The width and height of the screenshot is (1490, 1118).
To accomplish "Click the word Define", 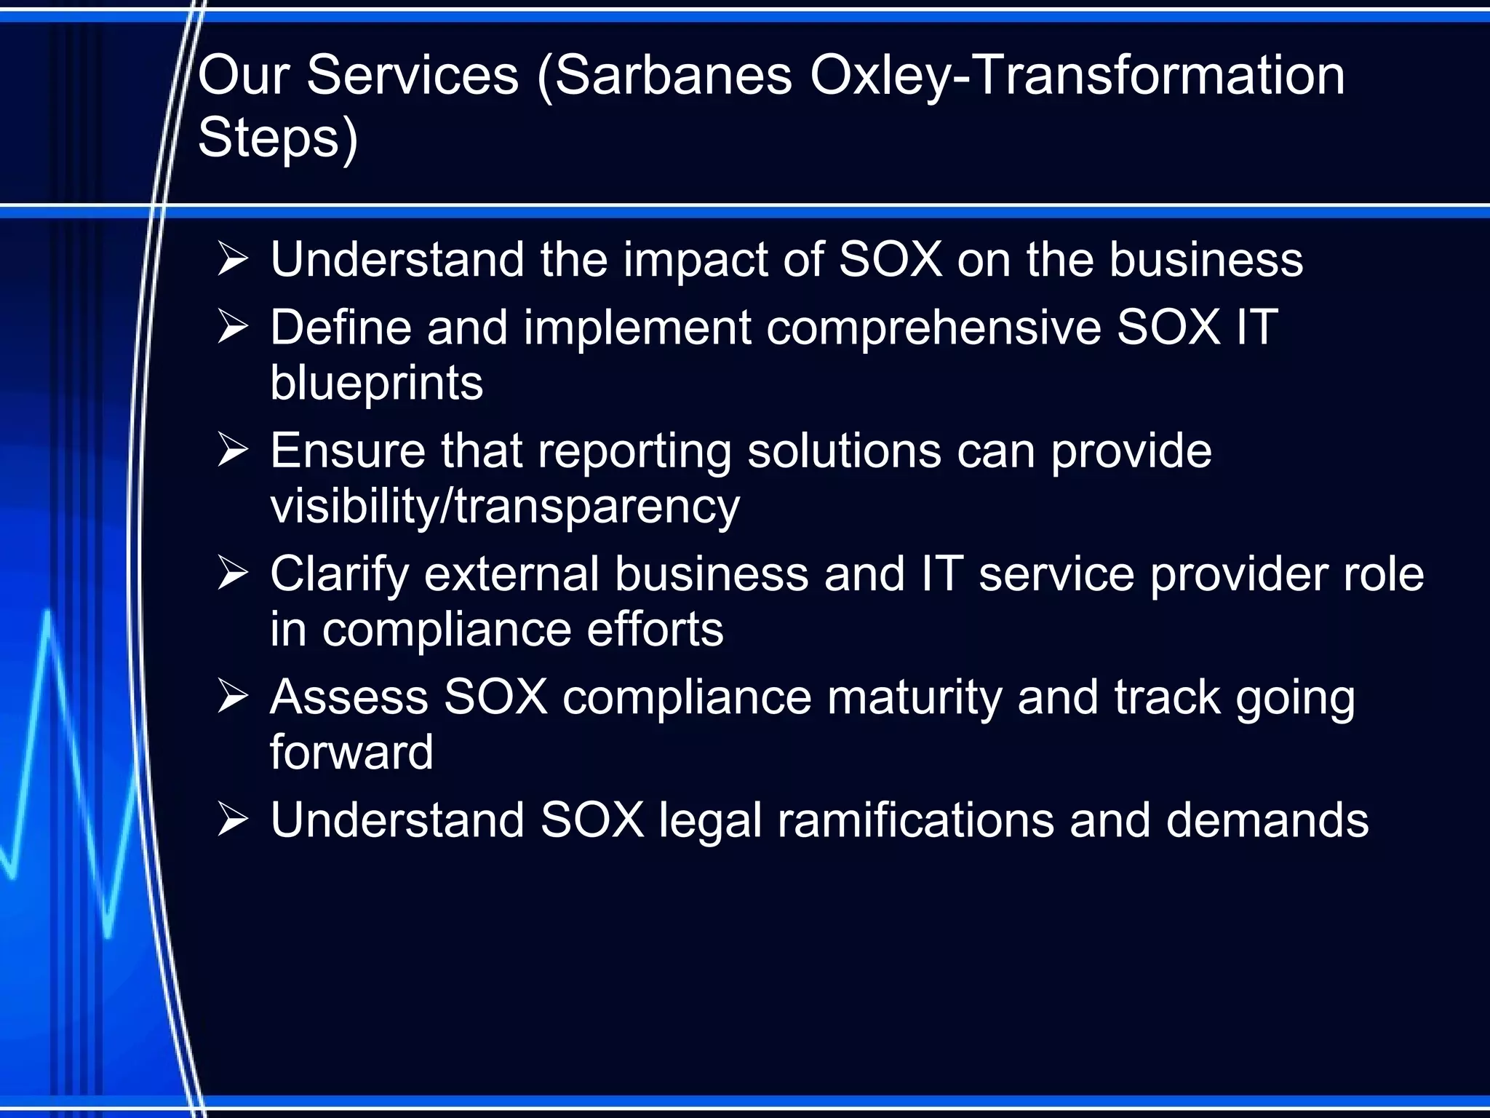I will click(341, 327).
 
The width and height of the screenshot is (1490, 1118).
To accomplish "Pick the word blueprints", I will click(376, 383).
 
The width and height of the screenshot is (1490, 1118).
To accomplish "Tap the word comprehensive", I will click(933, 328).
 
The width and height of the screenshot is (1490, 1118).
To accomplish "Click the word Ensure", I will click(348, 451).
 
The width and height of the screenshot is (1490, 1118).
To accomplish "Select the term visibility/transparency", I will click(505, 507).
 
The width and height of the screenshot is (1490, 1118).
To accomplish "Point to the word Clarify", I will click(340, 575).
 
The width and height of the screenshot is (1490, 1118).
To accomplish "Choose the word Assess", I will click(348, 697).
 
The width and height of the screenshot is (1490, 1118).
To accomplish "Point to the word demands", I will click(1267, 820).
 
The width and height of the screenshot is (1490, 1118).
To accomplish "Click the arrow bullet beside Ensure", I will click(233, 451).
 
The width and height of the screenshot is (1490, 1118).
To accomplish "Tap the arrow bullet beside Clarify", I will click(233, 574).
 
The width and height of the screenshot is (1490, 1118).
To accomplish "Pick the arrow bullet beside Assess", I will click(233, 697).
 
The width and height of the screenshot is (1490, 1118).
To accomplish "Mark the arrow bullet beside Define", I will click(233, 327).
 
